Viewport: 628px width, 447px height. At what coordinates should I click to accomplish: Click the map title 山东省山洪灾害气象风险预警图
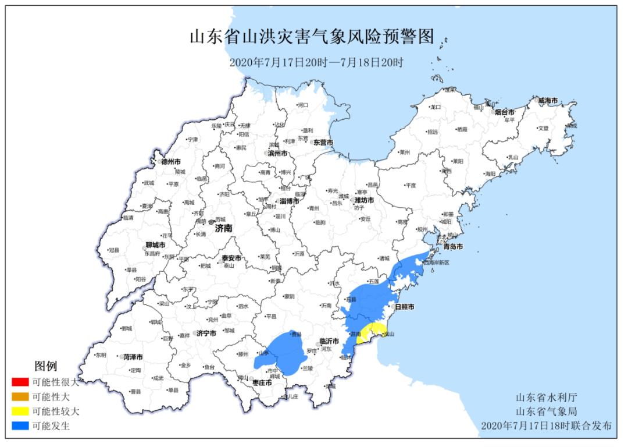pos(313,37)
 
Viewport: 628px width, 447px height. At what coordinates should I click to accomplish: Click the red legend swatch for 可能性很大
pos(20,382)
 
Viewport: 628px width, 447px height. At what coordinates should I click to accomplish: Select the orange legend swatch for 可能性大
pos(20,397)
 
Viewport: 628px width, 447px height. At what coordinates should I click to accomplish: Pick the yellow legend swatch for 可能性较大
pos(20,411)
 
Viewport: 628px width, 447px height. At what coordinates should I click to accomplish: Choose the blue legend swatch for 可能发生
pos(20,426)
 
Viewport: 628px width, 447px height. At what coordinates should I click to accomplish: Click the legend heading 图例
pos(46,366)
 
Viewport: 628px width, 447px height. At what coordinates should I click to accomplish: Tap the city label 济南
pos(223,229)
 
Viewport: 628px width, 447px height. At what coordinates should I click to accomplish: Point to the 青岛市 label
pos(452,247)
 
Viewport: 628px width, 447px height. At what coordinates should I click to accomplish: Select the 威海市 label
pos(547,101)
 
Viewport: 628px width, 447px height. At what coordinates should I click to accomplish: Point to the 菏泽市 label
pos(133,357)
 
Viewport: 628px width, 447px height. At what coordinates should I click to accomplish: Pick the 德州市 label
pos(170,161)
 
